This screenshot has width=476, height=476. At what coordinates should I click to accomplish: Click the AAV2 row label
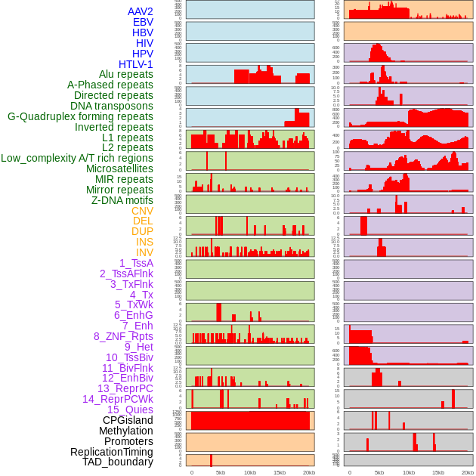pyautogui.click(x=140, y=11)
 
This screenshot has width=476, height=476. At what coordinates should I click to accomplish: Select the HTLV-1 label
pyautogui.click(x=135, y=64)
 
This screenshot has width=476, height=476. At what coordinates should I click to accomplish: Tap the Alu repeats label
pyautogui.click(x=125, y=75)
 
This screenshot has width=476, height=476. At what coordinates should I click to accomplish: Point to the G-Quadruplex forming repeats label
pyautogui.click(x=80, y=116)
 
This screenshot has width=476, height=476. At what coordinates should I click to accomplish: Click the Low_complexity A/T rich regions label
pyautogui.click(x=77, y=158)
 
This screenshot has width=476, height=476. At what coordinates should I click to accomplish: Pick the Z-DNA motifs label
pyautogui.click(x=122, y=200)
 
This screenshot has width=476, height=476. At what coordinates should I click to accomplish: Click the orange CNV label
pyautogui.click(x=142, y=211)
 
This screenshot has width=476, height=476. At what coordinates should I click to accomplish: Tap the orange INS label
pyautogui.click(x=144, y=242)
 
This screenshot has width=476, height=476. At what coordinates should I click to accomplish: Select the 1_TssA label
pyautogui.click(x=136, y=263)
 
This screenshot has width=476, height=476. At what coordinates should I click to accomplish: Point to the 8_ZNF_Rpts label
pyautogui.click(x=123, y=336)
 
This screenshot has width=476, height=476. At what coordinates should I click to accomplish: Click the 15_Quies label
pyautogui.click(x=130, y=410)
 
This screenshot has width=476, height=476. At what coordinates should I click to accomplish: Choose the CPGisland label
pyautogui.click(x=128, y=420)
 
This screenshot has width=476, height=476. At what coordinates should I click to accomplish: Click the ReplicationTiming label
pyautogui.click(x=111, y=452)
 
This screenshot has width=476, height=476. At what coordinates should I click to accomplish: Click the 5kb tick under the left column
pyautogui.click(x=221, y=472)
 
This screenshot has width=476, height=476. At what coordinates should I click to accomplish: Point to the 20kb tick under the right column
pyautogui.click(x=468, y=472)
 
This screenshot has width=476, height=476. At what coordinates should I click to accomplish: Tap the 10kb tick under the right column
pyautogui.click(x=409, y=472)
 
